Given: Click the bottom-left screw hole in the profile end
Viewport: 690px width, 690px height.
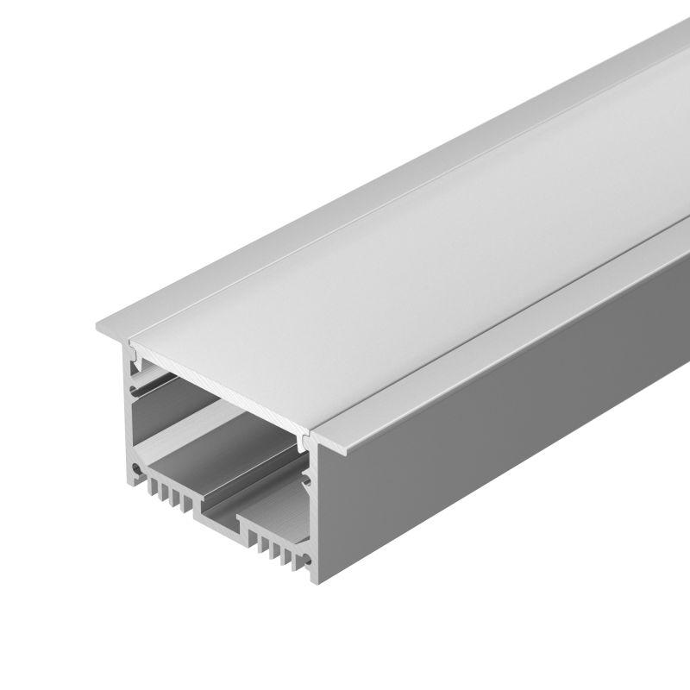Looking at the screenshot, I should (135, 471).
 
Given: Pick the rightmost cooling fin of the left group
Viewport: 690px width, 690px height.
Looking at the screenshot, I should (185, 504).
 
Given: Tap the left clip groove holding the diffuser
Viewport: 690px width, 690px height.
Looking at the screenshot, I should (135, 354).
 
